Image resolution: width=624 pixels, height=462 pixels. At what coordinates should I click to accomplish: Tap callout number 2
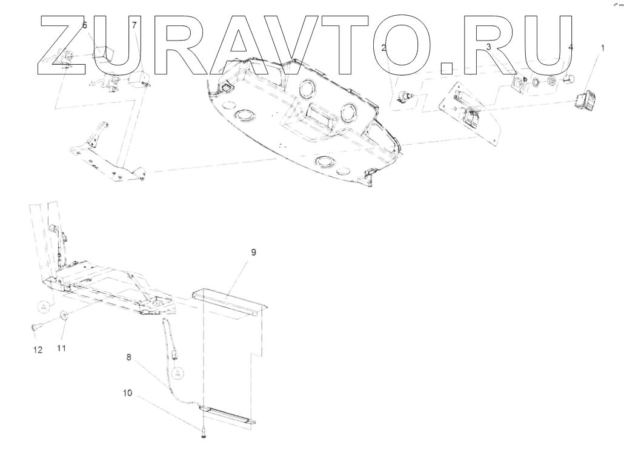click(x=384, y=47)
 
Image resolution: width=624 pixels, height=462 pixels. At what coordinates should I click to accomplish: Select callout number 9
click(x=253, y=252)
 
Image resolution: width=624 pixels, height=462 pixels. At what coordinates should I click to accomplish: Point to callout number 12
click(x=38, y=349)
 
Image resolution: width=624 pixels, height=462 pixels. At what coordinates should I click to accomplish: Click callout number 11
click(x=61, y=348)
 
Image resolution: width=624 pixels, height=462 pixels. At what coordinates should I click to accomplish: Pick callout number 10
click(x=128, y=392)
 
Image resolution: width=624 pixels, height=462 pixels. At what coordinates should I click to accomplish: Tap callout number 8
click(x=128, y=358)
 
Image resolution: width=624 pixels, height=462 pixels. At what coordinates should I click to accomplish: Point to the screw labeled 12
click(x=36, y=328)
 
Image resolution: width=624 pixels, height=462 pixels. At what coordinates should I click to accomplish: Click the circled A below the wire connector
click(x=178, y=372)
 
